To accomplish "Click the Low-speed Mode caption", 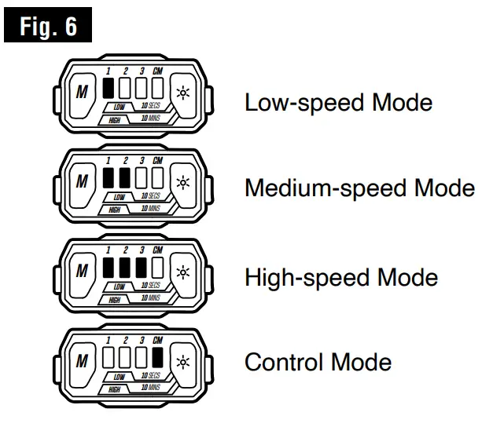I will (x=338, y=103).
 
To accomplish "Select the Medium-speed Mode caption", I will (x=359, y=189).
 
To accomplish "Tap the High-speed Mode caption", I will (x=340, y=277).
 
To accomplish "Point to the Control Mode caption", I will (x=318, y=363).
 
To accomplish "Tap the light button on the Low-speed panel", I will (x=182, y=93).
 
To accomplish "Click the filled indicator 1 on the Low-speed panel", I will (x=109, y=89).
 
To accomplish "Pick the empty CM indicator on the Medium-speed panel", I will (x=157, y=177).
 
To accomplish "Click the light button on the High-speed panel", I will (x=182, y=272).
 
